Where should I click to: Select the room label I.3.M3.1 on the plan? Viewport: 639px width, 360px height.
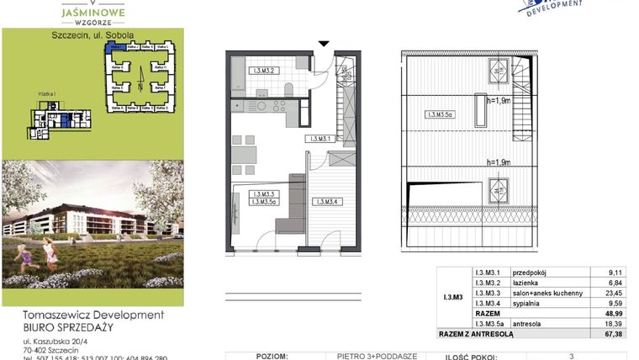(x=323, y=139)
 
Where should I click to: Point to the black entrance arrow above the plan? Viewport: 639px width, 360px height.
(x=325, y=44)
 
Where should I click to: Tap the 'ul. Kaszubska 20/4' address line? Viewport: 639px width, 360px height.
(x=59, y=341)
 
